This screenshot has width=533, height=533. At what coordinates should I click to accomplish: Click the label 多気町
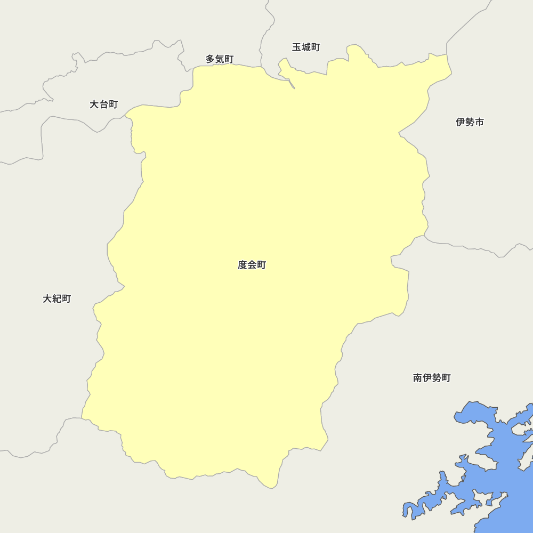[x=220, y=59]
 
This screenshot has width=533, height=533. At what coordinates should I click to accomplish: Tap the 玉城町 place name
[x=306, y=47]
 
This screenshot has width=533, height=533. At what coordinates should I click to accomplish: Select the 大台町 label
[x=103, y=104]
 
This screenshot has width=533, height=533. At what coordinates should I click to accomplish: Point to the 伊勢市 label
[x=470, y=122]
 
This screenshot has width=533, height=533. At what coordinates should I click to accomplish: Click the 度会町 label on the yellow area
[x=252, y=265]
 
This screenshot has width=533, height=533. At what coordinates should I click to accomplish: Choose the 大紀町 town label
[x=56, y=299]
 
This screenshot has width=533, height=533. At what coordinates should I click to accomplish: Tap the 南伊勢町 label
[x=432, y=378]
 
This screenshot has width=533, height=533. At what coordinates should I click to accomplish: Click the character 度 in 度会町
[x=243, y=265]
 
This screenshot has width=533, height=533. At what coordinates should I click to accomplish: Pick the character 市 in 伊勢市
[x=479, y=122]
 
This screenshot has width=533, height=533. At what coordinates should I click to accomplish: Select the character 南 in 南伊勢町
[x=418, y=378]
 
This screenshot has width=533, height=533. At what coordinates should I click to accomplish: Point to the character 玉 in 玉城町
[x=297, y=47]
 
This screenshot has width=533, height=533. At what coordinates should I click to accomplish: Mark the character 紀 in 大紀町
[x=56, y=299]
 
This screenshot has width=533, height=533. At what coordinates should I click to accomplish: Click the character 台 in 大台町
[x=103, y=104]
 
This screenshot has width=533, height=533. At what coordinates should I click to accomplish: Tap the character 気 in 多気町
[x=220, y=59]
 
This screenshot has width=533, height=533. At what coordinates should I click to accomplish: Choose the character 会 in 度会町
[x=252, y=265]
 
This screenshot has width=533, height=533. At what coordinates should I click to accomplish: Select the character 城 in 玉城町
[x=306, y=47]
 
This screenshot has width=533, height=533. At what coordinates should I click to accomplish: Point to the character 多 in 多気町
[x=211, y=59]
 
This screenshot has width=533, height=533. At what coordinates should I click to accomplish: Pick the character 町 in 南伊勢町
[x=446, y=378]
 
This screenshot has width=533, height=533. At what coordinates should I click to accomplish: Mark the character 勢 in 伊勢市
[x=470, y=122]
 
